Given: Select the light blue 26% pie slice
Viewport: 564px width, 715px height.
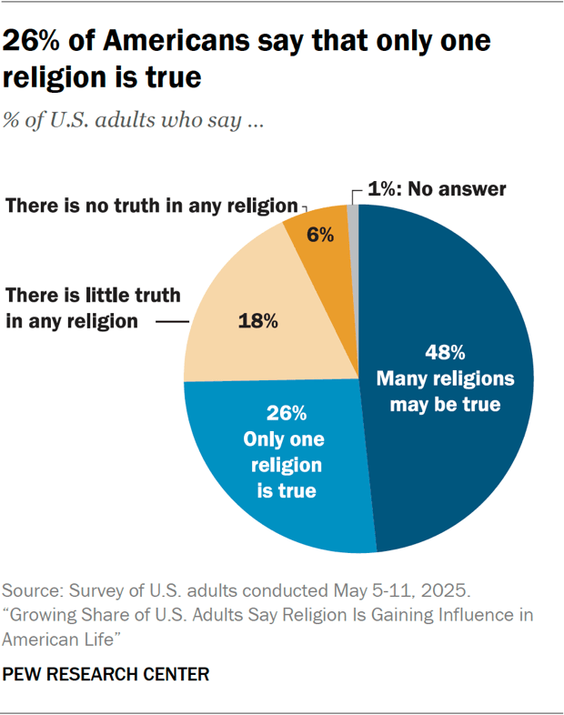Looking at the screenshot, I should pos(273,491).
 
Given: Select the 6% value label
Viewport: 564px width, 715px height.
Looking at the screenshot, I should pos(319,234).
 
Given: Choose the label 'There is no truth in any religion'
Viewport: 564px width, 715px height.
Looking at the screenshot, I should pos(152,205).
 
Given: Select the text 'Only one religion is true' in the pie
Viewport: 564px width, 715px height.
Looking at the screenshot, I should pos(284,465).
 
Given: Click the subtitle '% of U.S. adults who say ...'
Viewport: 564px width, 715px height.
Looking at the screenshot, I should pos(134,121).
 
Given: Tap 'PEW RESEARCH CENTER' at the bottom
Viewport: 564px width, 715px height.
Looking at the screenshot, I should pos(106,674).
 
